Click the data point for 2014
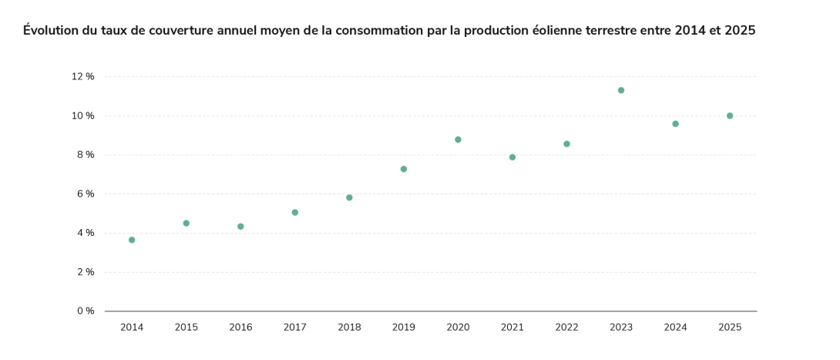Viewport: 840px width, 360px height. [132, 240]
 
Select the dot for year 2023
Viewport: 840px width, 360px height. [621, 90]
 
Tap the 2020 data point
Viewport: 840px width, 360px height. [458, 140]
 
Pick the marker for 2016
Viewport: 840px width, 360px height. [240, 227]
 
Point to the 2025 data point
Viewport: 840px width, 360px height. [730, 116]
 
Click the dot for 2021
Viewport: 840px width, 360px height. [512, 157]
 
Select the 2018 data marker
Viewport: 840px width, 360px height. [349, 197]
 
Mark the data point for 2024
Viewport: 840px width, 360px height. [675, 123]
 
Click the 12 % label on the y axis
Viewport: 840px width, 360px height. [83, 76]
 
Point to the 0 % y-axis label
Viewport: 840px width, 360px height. [86, 311]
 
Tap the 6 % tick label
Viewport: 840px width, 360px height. [86, 193]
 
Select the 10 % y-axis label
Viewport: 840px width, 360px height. [83, 116]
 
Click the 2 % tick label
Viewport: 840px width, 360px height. [86, 272]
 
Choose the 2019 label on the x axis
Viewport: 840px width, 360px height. [404, 327]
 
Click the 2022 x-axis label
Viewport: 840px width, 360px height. [566, 327]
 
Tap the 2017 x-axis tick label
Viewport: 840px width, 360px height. [294, 327]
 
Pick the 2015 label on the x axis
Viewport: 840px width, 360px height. [186, 327]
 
